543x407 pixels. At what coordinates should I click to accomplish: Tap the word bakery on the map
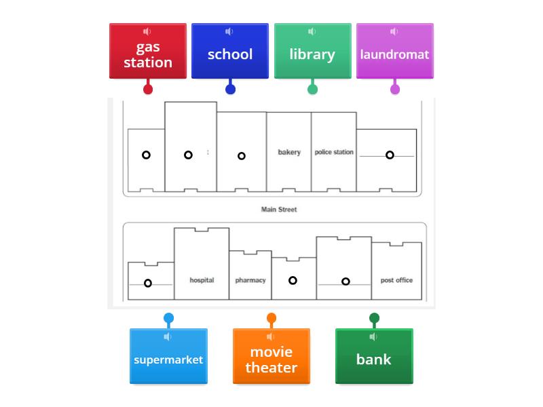[289, 152]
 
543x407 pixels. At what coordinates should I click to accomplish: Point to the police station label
[334, 152]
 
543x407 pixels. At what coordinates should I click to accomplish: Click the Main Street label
[279, 210]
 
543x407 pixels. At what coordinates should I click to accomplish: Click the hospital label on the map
[202, 280]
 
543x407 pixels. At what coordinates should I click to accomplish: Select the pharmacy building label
[250, 280]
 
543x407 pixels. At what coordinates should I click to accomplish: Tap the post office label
[396, 280]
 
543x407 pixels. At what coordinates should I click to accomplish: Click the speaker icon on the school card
[229, 32]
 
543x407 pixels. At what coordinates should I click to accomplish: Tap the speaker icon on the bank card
[373, 337]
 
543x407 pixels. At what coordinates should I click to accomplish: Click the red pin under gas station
[148, 89]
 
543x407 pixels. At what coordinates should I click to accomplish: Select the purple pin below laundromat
[395, 89]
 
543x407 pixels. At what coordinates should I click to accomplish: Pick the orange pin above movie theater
[271, 318]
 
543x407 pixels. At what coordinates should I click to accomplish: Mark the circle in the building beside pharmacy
[293, 280]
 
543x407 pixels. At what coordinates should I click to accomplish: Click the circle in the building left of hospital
[148, 283]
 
